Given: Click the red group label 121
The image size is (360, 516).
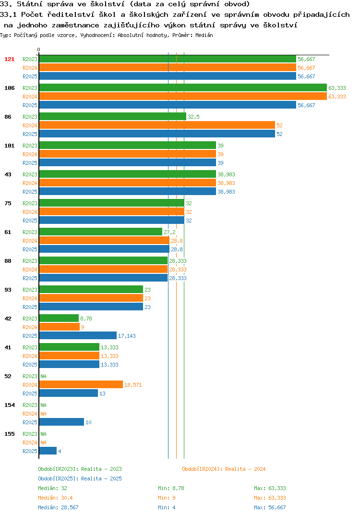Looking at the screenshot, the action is click(x=9, y=59).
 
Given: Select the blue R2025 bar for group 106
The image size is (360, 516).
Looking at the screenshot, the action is click(x=168, y=105).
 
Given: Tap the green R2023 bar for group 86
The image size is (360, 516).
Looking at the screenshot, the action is click(x=113, y=116).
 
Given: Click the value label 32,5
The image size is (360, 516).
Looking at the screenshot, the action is click(x=193, y=117).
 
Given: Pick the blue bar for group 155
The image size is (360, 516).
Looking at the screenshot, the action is click(x=48, y=451).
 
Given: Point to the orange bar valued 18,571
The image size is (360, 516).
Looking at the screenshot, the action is click(x=81, y=384).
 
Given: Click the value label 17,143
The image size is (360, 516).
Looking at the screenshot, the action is click(x=127, y=336).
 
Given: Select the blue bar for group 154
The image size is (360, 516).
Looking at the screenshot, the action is click(x=61, y=422).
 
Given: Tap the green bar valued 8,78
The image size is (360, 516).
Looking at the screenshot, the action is click(x=59, y=318).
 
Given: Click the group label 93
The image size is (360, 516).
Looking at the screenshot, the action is click(x=8, y=290).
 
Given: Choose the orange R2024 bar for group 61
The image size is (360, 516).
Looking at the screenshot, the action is click(x=104, y=241).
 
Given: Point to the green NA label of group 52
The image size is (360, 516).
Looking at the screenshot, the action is click(x=43, y=376).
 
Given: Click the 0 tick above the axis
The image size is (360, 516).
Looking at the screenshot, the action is click(x=39, y=49).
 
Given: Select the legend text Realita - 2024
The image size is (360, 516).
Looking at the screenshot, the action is click(x=245, y=469).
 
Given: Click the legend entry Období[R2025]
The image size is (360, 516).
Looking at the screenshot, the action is click(x=58, y=479).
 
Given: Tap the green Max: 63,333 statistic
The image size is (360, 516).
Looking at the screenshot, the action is click(x=270, y=488).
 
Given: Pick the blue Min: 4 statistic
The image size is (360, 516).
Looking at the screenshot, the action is click(x=167, y=507).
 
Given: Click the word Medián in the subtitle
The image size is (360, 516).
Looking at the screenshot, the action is click(x=204, y=35).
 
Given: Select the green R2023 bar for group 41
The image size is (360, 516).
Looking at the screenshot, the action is click(x=69, y=347).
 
